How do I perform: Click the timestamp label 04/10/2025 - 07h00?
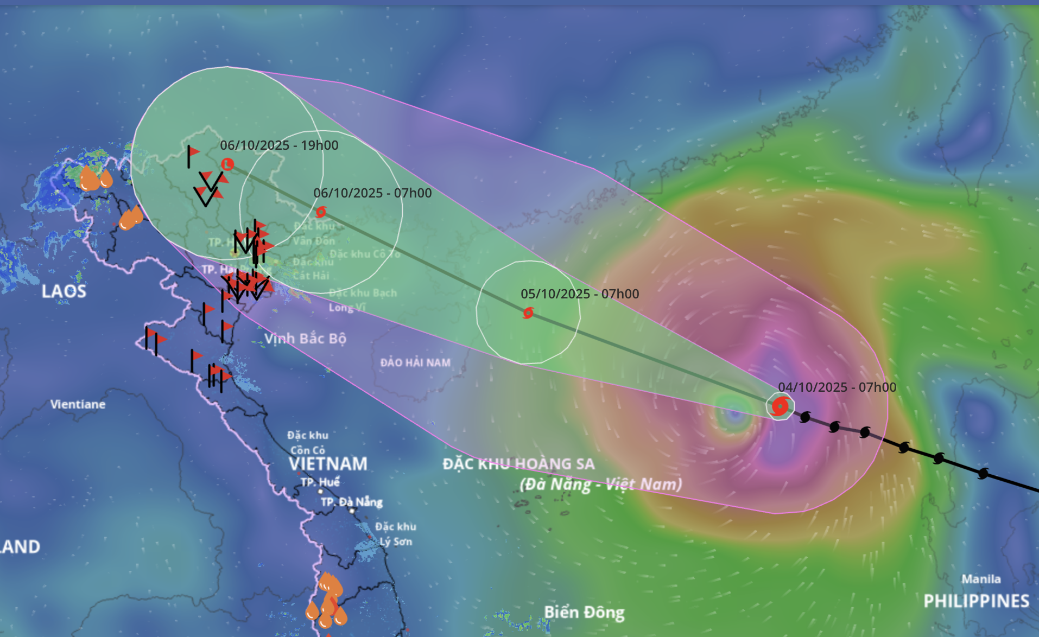tap(837, 387)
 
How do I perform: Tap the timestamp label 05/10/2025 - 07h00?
tap(579, 294)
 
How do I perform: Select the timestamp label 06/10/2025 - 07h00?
tap(372, 193)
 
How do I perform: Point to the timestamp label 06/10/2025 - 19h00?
tap(279, 145)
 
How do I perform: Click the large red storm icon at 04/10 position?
tap(780, 406)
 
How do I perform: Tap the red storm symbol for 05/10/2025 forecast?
tap(528, 313)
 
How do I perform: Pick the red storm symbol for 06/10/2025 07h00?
tap(321, 212)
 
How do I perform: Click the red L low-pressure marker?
tap(227, 164)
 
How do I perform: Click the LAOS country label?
tap(64, 291)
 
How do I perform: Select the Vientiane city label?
tap(78, 404)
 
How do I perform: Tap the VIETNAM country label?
tap(328, 464)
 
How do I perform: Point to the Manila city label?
tap(981, 579)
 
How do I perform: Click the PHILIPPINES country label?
tap(976, 601)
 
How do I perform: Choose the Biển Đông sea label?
tap(584, 612)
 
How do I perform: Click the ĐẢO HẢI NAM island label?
tap(415, 362)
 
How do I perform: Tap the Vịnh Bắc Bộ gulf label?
tap(305, 339)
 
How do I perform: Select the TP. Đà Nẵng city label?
tap(351, 502)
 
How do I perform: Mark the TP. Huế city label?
tap(320, 482)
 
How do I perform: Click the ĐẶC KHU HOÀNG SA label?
tap(518, 464)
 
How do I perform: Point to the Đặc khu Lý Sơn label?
tap(395, 534)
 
